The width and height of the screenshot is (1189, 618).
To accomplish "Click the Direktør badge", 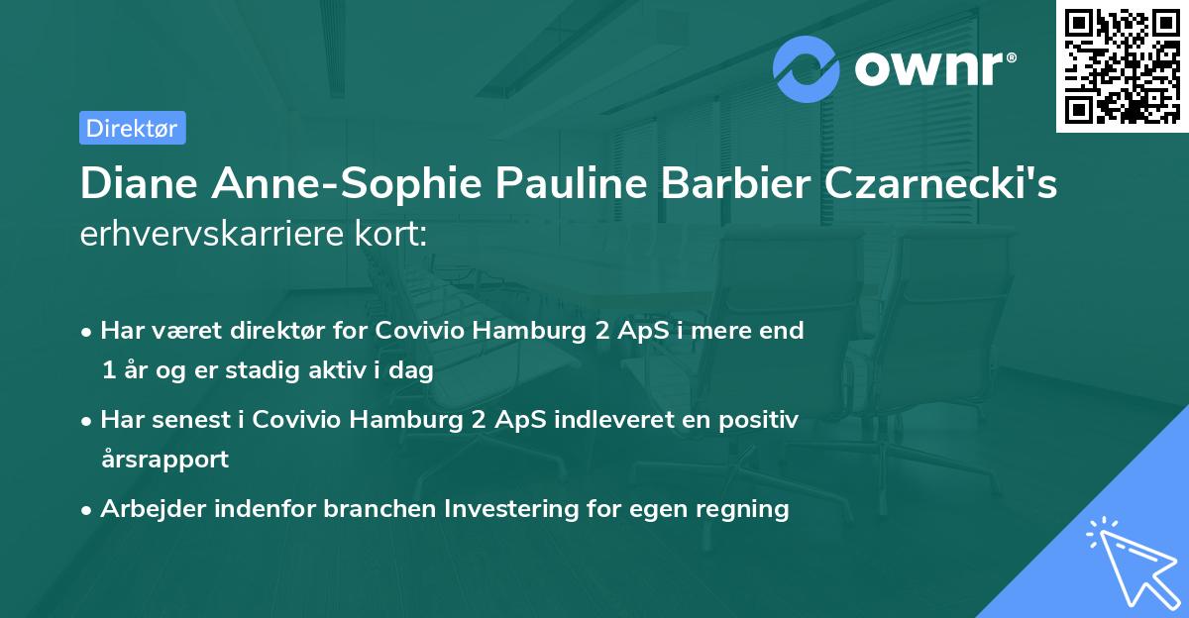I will coord(132,128).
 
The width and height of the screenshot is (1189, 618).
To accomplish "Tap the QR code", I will coord(1121,65).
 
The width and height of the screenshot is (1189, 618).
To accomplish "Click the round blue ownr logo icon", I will coord(807,68).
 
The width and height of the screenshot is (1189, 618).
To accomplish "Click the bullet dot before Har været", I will coord(88,332).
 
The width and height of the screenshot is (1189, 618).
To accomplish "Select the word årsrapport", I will coord(164,460).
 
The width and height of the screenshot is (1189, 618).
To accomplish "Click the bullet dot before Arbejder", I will coord(88,510).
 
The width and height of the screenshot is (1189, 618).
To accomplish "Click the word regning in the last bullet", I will coord(748,509).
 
